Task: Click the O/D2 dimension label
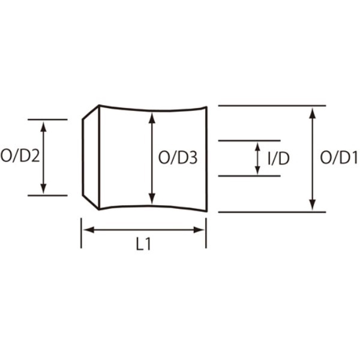point(20,156)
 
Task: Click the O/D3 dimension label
point(178,158)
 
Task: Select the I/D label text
point(278,158)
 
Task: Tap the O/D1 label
point(339,158)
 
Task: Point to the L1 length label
point(144,244)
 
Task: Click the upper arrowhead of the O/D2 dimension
point(43,127)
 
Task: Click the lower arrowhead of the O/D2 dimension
point(43,189)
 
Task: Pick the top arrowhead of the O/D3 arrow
point(152,118)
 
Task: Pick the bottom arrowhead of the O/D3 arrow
point(152,199)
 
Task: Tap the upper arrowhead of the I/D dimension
point(257,147)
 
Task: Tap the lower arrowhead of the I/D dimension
point(257,170)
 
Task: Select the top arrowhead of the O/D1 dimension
point(312,113)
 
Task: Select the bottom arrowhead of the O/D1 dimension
point(312,205)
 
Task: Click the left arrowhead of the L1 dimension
point(89,230)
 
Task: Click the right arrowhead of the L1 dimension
point(199,230)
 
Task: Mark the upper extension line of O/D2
point(47,119)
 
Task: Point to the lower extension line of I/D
point(250,176)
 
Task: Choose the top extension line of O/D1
point(272,106)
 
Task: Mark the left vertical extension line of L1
point(81,233)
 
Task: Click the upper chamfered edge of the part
point(91,112)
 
